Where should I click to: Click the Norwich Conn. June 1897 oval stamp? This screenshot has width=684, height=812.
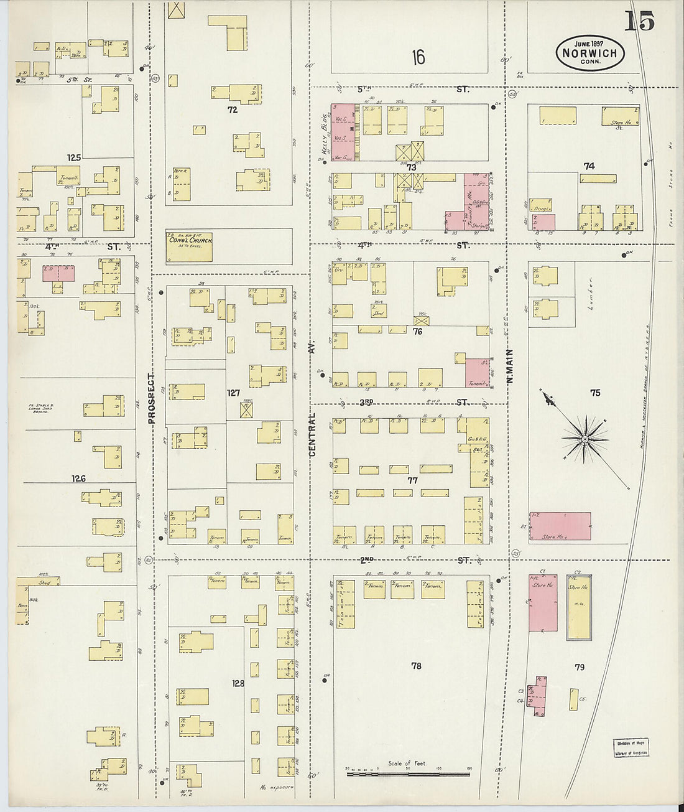[589, 52]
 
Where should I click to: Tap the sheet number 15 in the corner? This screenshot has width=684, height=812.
[639, 21]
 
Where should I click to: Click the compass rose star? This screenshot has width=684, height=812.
[585, 439]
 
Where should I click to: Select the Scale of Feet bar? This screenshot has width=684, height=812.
[408, 773]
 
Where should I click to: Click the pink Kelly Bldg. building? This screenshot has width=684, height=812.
[342, 132]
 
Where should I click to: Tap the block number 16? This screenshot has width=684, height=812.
[418, 58]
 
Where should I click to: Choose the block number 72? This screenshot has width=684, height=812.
[233, 110]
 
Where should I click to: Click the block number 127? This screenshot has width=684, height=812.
[233, 393]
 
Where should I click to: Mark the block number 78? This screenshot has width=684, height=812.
[416, 666]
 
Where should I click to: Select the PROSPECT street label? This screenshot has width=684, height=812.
[151, 398]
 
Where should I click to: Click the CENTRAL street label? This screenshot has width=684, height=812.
[312, 434]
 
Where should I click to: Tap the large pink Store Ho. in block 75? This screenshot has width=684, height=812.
[560, 526]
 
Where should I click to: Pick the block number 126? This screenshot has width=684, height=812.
[78, 478]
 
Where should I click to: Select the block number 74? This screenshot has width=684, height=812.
[589, 166]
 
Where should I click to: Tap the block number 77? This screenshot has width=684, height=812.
[412, 480]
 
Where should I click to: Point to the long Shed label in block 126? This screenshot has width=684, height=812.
[44, 582]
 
